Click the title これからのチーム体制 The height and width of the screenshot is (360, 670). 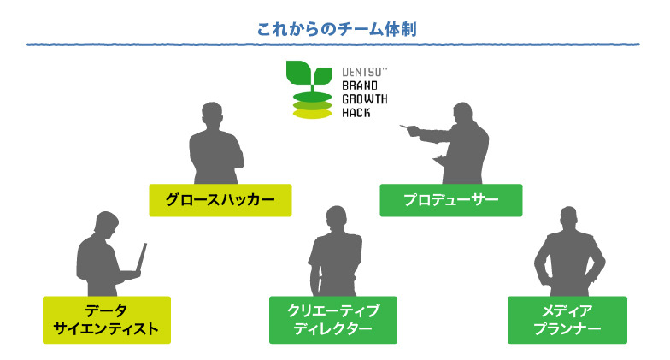pyautogui.click(x=337, y=29)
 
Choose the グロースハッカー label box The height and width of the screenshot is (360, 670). pyautogui.click(x=220, y=200)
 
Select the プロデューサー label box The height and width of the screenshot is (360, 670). pyautogui.click(x=450, y=200)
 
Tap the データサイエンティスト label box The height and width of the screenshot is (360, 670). pyautogui.click(x=107, y=320)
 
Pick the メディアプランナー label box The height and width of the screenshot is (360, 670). pyautogui.click(x=567, y=320)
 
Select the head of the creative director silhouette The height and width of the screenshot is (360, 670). pyautogui.click(x=332, y=219)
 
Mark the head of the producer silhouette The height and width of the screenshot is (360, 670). pyautogui.click(x=462, y=115)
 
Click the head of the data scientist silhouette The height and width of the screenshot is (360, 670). pyautogui.click(x=103, y=223)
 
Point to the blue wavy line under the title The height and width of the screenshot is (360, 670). pyautogui.click(x=335, y=44)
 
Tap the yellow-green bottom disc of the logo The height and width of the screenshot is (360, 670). pyautogui.click(x=312, y=114)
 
